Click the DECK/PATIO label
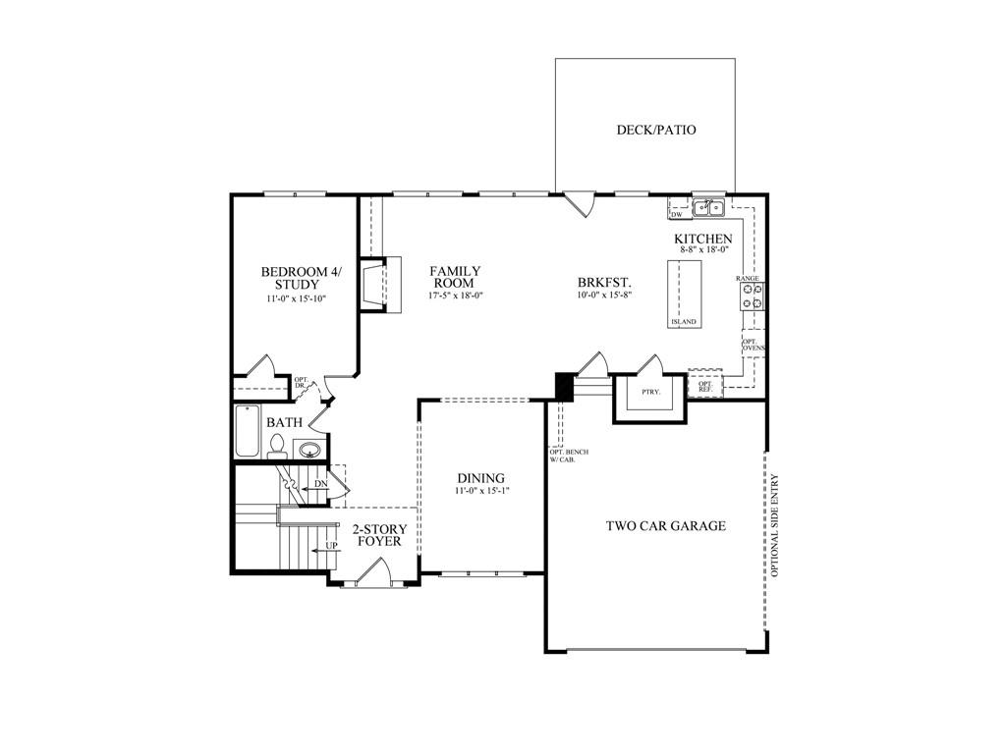click(x=655, y=130)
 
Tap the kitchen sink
click(x=708, y=208)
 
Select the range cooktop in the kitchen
click(x=753, y=296)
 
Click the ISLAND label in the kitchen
click(x=684, y=321)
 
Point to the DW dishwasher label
click(x=676, y=215)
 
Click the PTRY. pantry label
click(x=650, y=391)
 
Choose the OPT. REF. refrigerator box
click(x=705, y=384)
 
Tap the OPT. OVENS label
click(x=754, y=345)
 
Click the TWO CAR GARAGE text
click(x=666, y=526)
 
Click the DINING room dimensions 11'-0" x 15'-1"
click(x=481, y=491)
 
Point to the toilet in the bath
click(x=277, y=447)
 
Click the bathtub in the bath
click(x=248, y=431)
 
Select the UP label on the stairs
click(x=332, y=546)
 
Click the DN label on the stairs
click(x=321, y=483)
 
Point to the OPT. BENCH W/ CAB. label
click(x=569, y=456)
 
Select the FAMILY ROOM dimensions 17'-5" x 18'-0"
click(x=455, y=296)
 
